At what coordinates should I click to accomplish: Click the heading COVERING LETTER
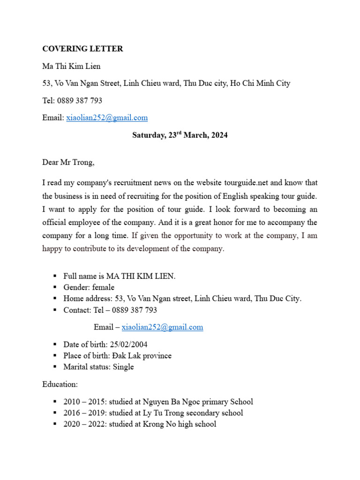tap(82, 49)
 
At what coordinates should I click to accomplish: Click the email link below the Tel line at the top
tap(107, 118)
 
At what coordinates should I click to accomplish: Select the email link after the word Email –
tap(162, 327)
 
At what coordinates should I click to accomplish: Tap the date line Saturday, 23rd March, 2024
tap(180, 135)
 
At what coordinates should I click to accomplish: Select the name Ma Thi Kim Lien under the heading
tap(71, 66)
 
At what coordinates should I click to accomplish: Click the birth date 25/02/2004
tap(128, 345)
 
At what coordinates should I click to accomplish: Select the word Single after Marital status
tap(123, 367)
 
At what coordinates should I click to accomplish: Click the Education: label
tap(60, 384)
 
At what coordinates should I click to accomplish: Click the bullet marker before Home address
tap(54, 299)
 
